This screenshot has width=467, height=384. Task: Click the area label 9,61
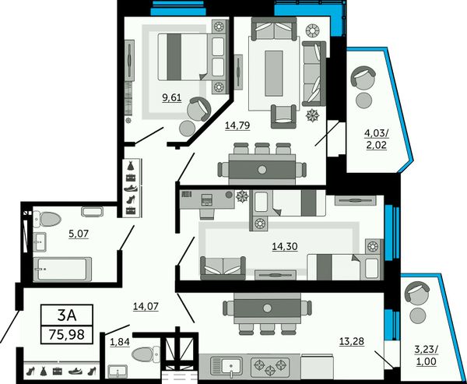click(172, 98)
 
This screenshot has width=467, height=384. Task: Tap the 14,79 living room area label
click(237, 125)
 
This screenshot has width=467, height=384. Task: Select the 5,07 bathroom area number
click(79, 234)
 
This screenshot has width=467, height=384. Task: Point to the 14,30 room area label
click(285, 247)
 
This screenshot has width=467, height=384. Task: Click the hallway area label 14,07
click(146, 306)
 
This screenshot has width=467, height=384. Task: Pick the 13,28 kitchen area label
click(352, 341)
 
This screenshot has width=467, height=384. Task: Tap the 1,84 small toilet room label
click(120, 343)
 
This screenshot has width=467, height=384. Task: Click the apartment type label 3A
click(67, 315)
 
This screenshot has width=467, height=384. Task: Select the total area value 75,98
click(67, 334)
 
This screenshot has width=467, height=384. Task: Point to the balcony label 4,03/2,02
click(377, 139)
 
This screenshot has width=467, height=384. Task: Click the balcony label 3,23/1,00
click(427, 355)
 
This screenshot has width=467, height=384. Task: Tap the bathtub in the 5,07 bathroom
click(62, 269)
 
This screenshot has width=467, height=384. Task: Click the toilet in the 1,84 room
click(146, 354)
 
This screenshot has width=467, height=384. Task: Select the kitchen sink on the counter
click(226, 366)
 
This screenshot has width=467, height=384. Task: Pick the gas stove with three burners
click(270, 366)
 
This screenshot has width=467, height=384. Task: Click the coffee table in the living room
click(274, 73)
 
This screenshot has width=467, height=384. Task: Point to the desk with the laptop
click(207, 199)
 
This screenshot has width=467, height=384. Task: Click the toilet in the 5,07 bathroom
click(47, 219)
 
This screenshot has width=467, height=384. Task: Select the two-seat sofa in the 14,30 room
click(223, 268)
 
